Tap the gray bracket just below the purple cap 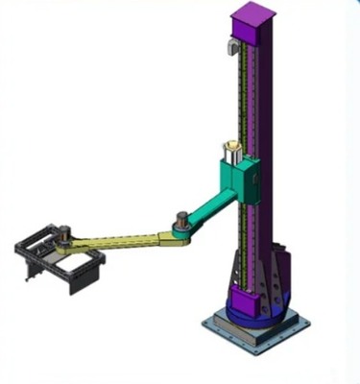pyautogui.click(x=230, y=47)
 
